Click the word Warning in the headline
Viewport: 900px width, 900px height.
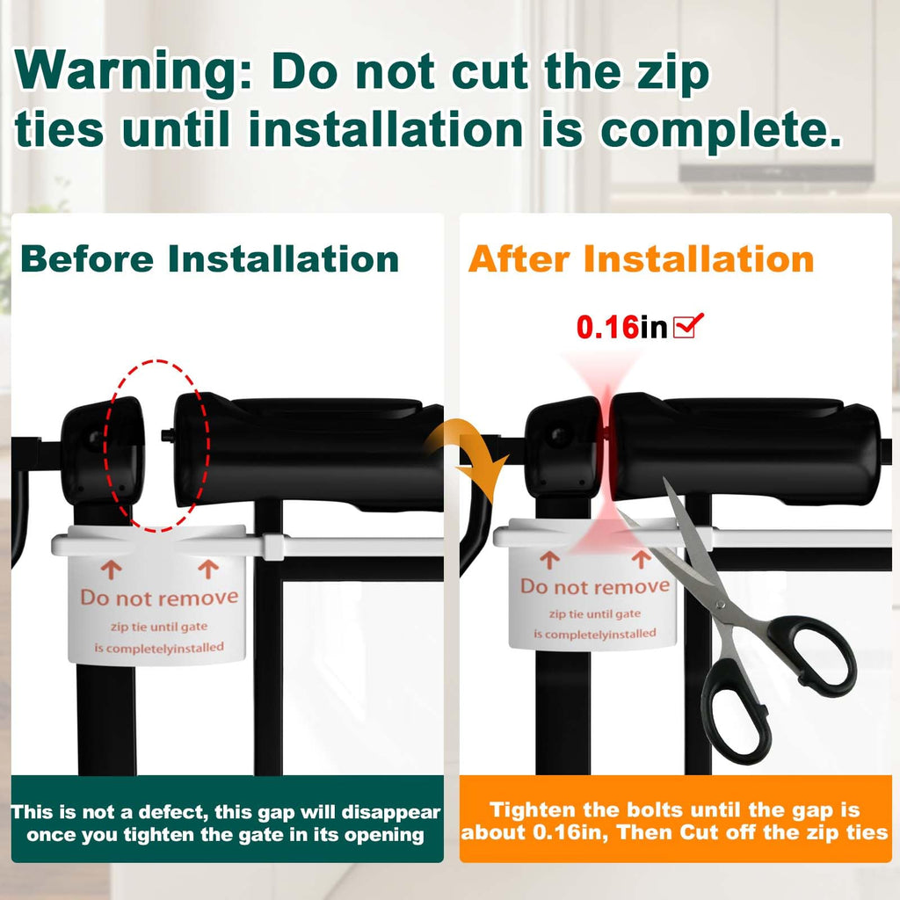tap(133, 70)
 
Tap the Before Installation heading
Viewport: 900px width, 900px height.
tap(209, 259)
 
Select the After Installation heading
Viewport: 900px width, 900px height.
tap(641, 259)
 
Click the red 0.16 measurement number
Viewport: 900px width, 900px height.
tap(607, 327)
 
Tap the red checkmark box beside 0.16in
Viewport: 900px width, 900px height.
tap(687, 325)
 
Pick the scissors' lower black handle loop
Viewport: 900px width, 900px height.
tap(740, 712)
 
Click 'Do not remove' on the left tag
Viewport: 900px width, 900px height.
tap(160, 598)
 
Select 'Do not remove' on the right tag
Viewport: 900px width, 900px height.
tap(595, 586)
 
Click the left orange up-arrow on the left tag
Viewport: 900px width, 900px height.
tap(112, 570)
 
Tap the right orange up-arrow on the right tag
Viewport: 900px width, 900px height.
tap(641, 559)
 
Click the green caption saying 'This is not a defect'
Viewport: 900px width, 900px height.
tap(226, 823)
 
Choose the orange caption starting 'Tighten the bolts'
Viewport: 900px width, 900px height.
tap(675, 821)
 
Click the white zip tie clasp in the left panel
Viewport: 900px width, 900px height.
tap(273, 546)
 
